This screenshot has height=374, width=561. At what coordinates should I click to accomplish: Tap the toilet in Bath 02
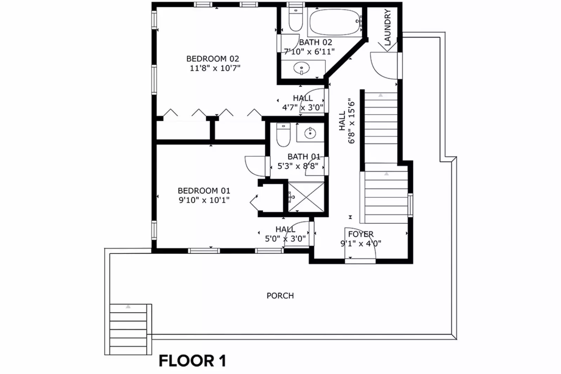click(x=295, y=19)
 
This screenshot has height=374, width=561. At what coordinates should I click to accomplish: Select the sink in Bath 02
click(x=301, y=68)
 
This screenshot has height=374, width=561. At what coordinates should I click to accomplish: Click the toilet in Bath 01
click(x=283, y=134)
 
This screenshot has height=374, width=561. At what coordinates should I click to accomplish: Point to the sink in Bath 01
click(x=310, y=133)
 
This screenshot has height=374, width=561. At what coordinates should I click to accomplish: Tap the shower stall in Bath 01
click(x=306, y=197)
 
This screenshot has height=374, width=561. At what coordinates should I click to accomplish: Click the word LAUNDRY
click(x=387, y=27)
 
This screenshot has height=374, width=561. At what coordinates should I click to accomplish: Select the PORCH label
click(x=280, y=296)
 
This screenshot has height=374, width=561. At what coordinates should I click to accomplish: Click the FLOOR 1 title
click(x=192, y=361)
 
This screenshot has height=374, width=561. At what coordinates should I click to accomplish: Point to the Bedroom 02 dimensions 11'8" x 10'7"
click(x=215, y=68)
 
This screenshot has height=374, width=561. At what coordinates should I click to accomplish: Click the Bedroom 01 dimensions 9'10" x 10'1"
click(x=204, y=200)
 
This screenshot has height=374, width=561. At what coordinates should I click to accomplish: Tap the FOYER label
click(x=361, y=234)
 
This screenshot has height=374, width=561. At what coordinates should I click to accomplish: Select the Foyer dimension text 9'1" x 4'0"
click(x=361, y=243)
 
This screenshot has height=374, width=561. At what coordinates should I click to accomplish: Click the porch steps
click(x=128, y=329)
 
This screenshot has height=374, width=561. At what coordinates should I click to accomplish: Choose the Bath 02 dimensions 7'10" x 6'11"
click(x=309, y=52)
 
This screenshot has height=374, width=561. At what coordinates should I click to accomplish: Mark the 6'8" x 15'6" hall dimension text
click(x=352, y=121)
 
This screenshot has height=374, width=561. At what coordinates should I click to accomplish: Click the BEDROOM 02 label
click(x=213, y=59)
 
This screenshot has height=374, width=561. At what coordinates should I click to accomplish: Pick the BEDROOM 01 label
click(x=204, y=191)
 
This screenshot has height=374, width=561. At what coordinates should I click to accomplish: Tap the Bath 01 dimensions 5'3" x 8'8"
click(x=298, y=166)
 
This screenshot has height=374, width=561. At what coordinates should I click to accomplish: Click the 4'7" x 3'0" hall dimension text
click(x=303, y=107)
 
